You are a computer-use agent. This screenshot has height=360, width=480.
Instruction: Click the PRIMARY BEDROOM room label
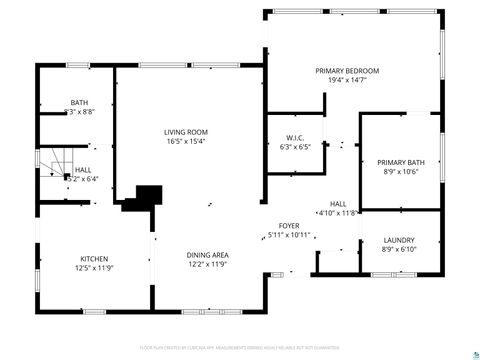[347, 71]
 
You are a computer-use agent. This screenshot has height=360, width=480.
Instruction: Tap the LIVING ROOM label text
[185, 132]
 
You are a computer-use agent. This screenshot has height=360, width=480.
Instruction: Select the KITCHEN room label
[95, 258]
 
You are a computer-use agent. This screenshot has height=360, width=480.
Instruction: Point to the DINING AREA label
[208, 256]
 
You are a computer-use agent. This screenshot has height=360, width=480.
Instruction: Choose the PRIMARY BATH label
[400, 162]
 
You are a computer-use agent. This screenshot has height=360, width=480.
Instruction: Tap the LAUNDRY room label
[399, 240]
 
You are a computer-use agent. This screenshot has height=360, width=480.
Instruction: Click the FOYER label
[289, 226]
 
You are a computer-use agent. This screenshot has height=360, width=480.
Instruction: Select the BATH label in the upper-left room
[80, 101]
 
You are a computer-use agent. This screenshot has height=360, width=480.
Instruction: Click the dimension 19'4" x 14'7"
[347, 80]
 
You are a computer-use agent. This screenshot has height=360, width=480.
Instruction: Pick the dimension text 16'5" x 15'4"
[185, 141]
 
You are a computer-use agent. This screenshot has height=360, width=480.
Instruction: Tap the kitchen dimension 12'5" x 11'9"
[95, 267]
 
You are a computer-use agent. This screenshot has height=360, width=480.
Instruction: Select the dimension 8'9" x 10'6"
[400, 171]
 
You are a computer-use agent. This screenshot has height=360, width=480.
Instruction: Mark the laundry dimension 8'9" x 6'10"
[399, 249]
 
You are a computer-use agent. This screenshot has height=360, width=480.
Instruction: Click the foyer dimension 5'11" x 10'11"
[289, 235]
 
